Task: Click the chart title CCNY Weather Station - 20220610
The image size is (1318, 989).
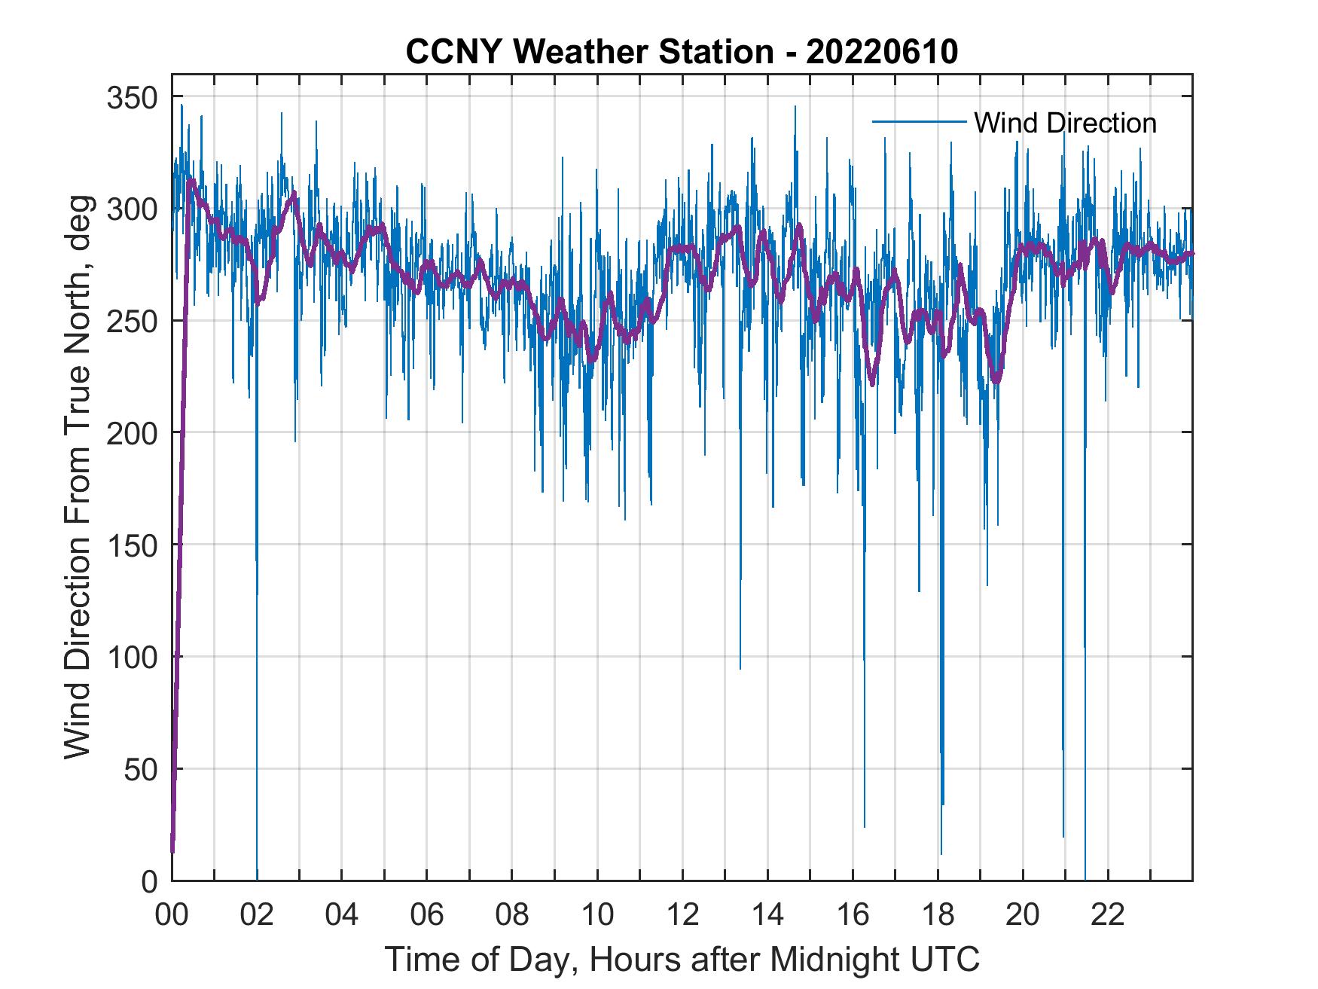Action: (682, 52)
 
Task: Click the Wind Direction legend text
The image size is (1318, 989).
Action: (1065, 123)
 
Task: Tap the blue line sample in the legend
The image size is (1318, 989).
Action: (919, 121)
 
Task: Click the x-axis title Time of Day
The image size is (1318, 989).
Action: (682, 960)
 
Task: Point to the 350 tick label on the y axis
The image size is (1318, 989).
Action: (133, 98)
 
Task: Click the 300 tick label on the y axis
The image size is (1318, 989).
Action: (133, 209)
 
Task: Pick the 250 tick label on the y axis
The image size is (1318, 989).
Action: (133, 322)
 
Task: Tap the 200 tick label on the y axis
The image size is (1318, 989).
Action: (133, 433)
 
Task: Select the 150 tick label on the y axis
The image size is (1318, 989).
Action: (133, 545)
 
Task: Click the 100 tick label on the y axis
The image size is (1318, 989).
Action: (133, 658)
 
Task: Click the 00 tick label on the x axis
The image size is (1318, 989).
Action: (172, 916)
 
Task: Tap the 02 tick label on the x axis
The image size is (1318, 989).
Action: (257, 916)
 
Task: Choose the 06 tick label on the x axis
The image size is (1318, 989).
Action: (427, 916)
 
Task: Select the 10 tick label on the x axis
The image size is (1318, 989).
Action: (597, 916)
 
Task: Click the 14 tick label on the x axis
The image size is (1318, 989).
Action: (767, 916)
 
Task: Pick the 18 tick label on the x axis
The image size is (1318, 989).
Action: (938, 916)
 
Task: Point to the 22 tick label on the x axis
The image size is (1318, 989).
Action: (1108, 916)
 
